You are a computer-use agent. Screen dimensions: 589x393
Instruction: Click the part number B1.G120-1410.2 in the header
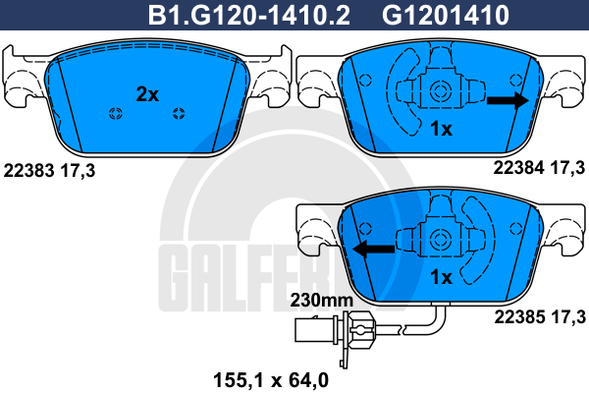pos(249,15)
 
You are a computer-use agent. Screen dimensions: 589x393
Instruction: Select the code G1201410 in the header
pos(446,15)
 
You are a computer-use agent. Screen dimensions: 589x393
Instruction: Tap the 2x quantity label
pos(147,94)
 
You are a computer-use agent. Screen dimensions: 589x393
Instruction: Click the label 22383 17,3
pos(49,171)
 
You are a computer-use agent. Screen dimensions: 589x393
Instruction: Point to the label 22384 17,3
pos(539,168)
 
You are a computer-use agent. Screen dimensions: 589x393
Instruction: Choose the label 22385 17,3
pos(540,317)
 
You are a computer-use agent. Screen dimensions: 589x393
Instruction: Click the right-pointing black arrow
pos(508,100)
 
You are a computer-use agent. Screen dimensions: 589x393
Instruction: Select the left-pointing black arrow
pos(374,249)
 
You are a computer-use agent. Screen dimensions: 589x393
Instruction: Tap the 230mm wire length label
pos(322,300)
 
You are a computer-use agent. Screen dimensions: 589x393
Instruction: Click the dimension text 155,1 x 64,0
pos(271,380)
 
